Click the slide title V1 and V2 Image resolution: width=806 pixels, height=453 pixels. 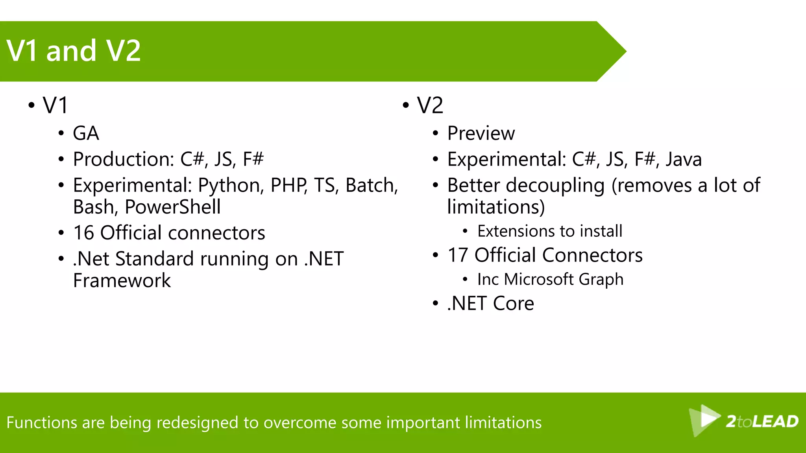[x=74, y=51]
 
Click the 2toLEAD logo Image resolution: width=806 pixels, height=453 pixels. [x=744, y=421]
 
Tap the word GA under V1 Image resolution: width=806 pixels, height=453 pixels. [x=86, y=133]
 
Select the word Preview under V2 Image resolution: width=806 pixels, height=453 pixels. [x=481, y=133]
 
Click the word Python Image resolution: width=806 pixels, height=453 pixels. [x=231, y=186]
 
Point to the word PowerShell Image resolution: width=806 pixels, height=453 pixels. [x=173, y=207]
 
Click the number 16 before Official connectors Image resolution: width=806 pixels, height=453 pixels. [x=83, y=233]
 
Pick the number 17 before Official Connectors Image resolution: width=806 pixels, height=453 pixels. [x=458, y=255]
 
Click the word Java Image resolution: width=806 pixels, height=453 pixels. [x=684, y=160]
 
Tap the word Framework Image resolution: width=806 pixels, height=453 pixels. [x=122, y=281]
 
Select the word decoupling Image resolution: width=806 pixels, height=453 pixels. [x=555, y=186]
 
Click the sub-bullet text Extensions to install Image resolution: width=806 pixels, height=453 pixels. [x=550, y=231]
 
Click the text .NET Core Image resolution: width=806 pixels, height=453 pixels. [x=491, y=304]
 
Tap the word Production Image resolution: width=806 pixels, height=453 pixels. [x=123, y=160]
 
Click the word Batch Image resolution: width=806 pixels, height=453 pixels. [x=371, y=186]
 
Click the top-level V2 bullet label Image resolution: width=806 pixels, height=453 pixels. [x=430, y=105]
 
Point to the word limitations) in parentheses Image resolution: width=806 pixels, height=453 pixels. [x=496, y=207]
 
